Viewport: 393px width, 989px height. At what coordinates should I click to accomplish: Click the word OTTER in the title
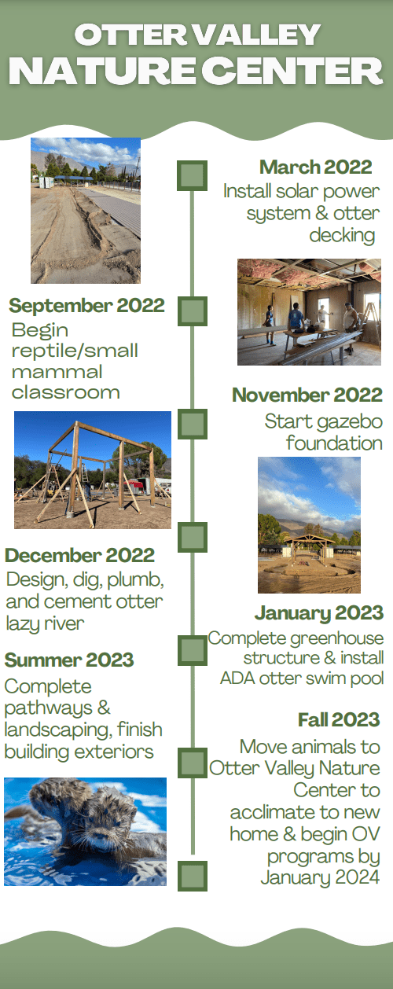(x=131, y=35)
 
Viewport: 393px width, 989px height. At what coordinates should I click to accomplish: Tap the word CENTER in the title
(x=295, y=71)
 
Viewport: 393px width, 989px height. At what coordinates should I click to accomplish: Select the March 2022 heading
(x=316, y=167)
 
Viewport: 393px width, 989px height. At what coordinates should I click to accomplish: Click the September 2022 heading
(x=86, y=306)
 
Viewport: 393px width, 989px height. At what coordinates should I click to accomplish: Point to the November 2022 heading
(x=307, y=395)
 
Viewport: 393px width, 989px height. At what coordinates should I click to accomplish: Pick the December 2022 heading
(x=80, y=556)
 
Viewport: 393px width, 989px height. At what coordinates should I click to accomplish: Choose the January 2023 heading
(x=319, y=613)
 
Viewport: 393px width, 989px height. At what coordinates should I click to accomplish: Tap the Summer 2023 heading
(x=69, y=660)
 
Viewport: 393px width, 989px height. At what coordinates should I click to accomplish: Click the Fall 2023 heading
(x=339, y=719)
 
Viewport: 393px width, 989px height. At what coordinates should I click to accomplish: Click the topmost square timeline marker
(x=192, y=176)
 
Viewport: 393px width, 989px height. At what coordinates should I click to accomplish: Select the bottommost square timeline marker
(x=193, y=876)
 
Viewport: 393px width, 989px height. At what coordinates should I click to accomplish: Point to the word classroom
(x=66, y=392)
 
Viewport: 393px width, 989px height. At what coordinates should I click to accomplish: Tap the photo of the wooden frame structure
(x=93, y=470)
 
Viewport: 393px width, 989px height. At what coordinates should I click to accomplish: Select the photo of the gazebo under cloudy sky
(x=309, y=525)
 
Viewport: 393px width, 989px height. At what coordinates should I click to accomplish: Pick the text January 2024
(x=320, y=878)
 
